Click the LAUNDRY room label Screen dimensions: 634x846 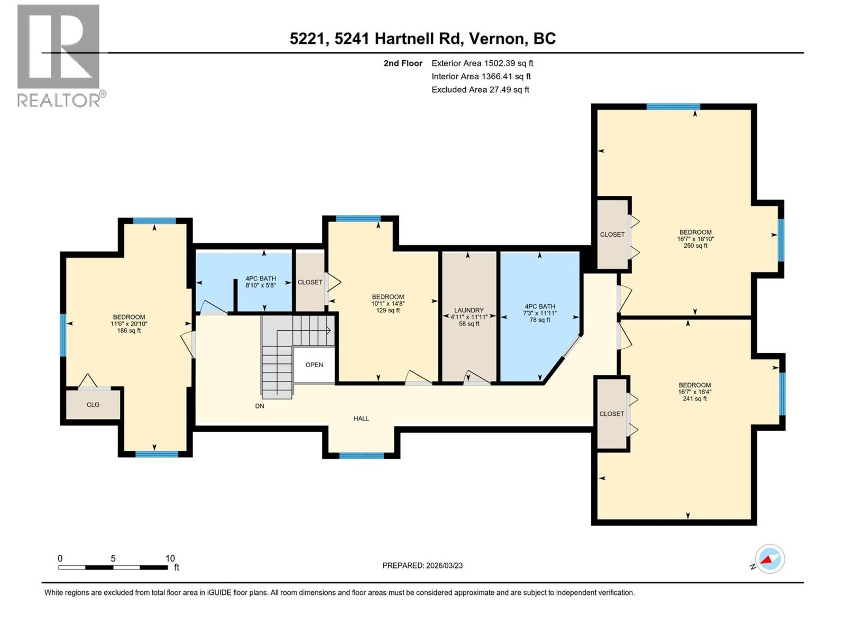469,310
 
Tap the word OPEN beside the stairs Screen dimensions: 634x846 314,365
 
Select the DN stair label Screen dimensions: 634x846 260,406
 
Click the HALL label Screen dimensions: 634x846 361,418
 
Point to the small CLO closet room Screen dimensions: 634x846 93,405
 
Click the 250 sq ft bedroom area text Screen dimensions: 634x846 695,246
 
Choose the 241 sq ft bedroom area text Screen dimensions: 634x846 695,399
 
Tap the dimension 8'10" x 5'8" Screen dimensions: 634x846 261,285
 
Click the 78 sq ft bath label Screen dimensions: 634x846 540,320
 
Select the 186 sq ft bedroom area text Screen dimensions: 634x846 129,331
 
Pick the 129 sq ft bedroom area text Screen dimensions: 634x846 388,311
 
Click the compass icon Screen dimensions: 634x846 769,559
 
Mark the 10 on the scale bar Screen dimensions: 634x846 170,558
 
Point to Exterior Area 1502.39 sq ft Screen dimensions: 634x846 482,63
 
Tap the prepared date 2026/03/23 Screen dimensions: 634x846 443,565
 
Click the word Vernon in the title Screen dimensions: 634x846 497,39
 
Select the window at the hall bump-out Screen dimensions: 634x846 361,455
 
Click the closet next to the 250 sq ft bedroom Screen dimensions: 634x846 612,234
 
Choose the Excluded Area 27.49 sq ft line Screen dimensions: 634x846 480,89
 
